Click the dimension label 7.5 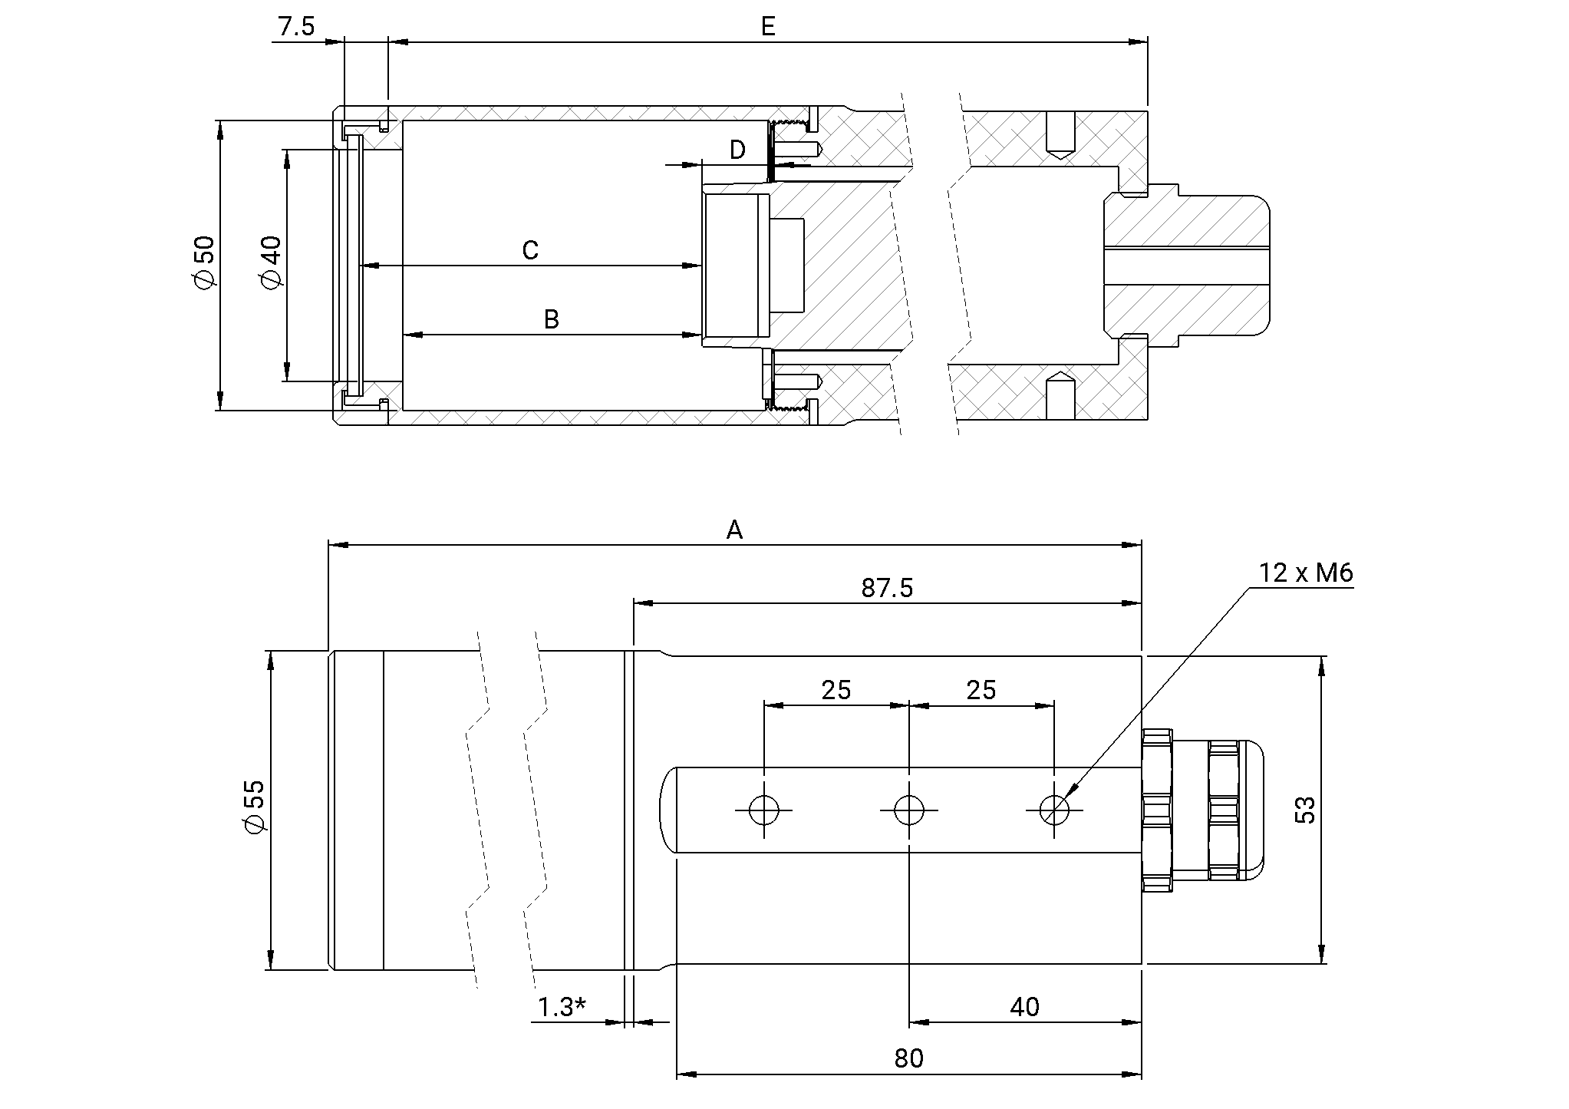pos(296,27)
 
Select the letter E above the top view pos(768,27)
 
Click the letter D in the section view pos(737,150)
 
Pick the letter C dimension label pos(529,250)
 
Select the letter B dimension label pos(551,319)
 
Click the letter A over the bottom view pos(734,530)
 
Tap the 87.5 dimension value pos(887,588)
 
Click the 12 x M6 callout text pos(1305,573)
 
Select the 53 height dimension pos(1305,810)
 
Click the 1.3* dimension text pos(562,1007)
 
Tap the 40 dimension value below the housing pos(1023,1007)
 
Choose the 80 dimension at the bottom pos(908,1058)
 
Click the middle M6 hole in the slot pos(909,810)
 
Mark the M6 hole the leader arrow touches pos(1054,810)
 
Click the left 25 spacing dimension pos(836,690)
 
